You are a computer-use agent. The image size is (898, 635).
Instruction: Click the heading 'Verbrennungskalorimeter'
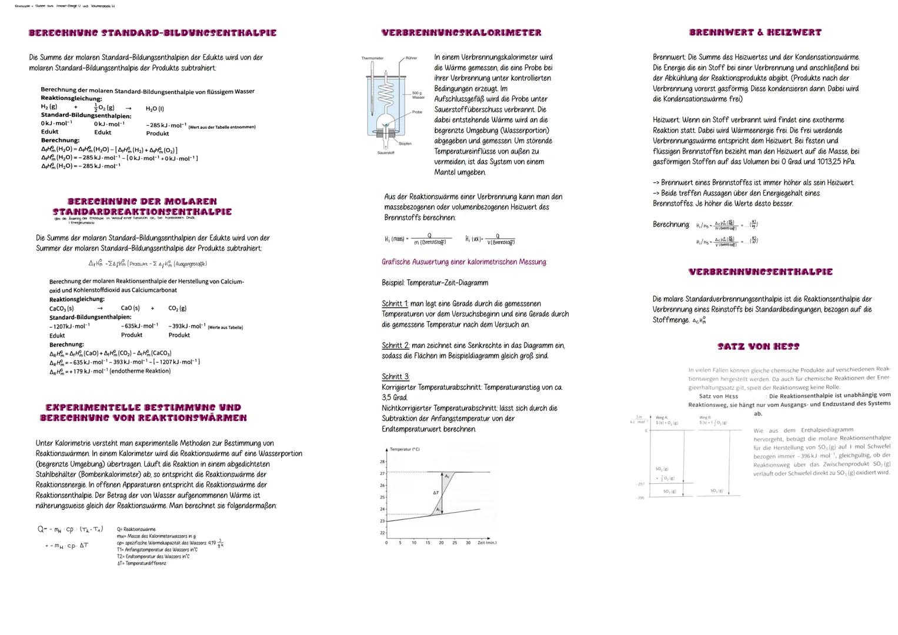(x=461, y=33)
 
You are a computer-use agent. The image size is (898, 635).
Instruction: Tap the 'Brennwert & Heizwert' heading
(x=755, y=33)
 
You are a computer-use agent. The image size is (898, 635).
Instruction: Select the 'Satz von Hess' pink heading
(x=758, y=347)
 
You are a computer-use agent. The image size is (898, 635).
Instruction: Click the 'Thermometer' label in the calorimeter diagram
(x=372, y=58)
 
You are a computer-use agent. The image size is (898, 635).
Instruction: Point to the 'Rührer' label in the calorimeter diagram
(x=411, y=58)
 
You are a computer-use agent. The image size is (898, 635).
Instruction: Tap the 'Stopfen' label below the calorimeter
(x=405, y=143)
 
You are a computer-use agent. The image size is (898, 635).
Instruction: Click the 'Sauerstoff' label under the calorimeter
(x=386, y=153)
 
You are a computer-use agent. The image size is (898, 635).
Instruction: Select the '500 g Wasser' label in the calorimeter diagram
(x=418, y=95)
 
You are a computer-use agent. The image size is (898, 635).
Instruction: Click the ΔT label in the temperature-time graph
(x=436, y=493)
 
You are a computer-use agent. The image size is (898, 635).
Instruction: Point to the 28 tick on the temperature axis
(x=382, y=462)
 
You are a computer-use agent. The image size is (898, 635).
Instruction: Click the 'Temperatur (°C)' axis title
(x=405, y=449)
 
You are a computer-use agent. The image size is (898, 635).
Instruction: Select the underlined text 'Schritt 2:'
(x=395, y=346)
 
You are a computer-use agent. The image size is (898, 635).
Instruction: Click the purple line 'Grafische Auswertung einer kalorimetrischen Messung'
(x=464, y=262)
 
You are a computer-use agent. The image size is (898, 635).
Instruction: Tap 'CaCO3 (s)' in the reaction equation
(x=62, y=308)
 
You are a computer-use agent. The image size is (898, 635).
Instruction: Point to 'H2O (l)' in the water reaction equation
(x=155, y=108)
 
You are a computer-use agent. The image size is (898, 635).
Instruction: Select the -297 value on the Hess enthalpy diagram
(x=640, y=484)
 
